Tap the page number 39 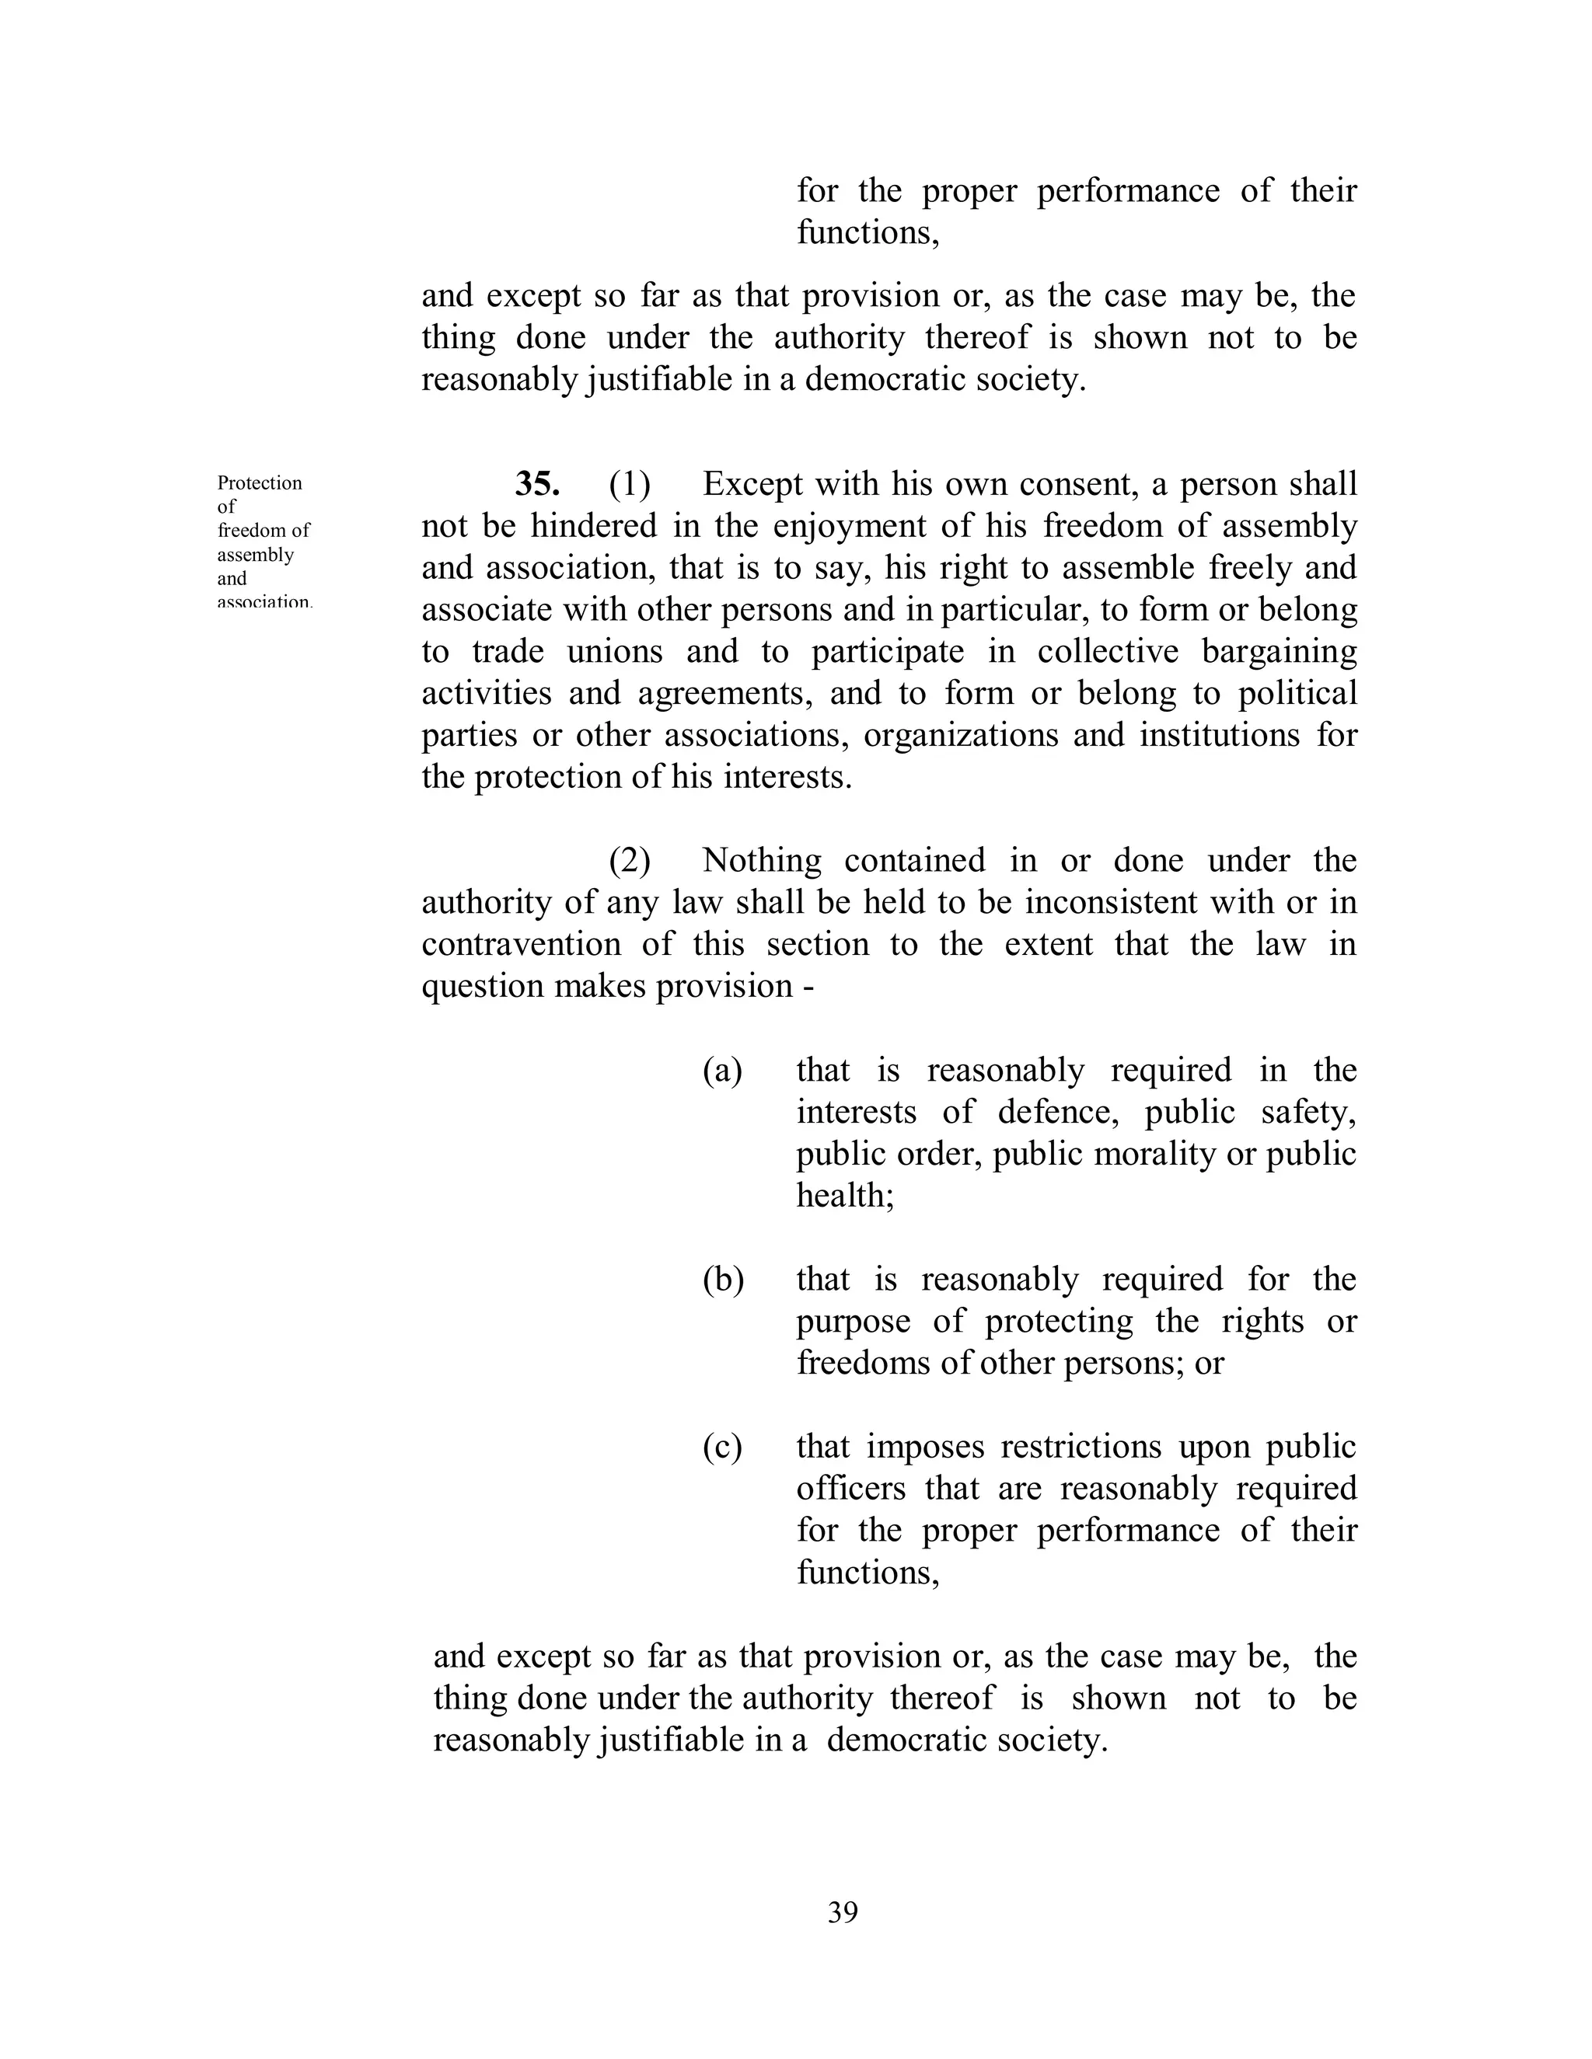[842, 1912]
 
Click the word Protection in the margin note [260, 483]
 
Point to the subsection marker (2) [630, 860]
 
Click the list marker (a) [722, 1070]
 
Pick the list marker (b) [722, 1280]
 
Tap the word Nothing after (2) [761, 860]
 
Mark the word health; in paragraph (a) [845, 1196]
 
